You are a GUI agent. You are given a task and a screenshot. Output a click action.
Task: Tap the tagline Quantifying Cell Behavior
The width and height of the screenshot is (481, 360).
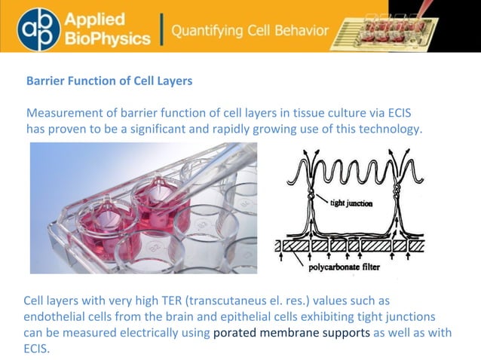coord(250,31)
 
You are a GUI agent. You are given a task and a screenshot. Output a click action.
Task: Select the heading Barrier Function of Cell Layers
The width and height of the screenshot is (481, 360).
coord(109,81)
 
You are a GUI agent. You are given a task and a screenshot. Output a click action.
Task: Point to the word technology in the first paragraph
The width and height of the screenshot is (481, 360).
coord(388,129)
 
